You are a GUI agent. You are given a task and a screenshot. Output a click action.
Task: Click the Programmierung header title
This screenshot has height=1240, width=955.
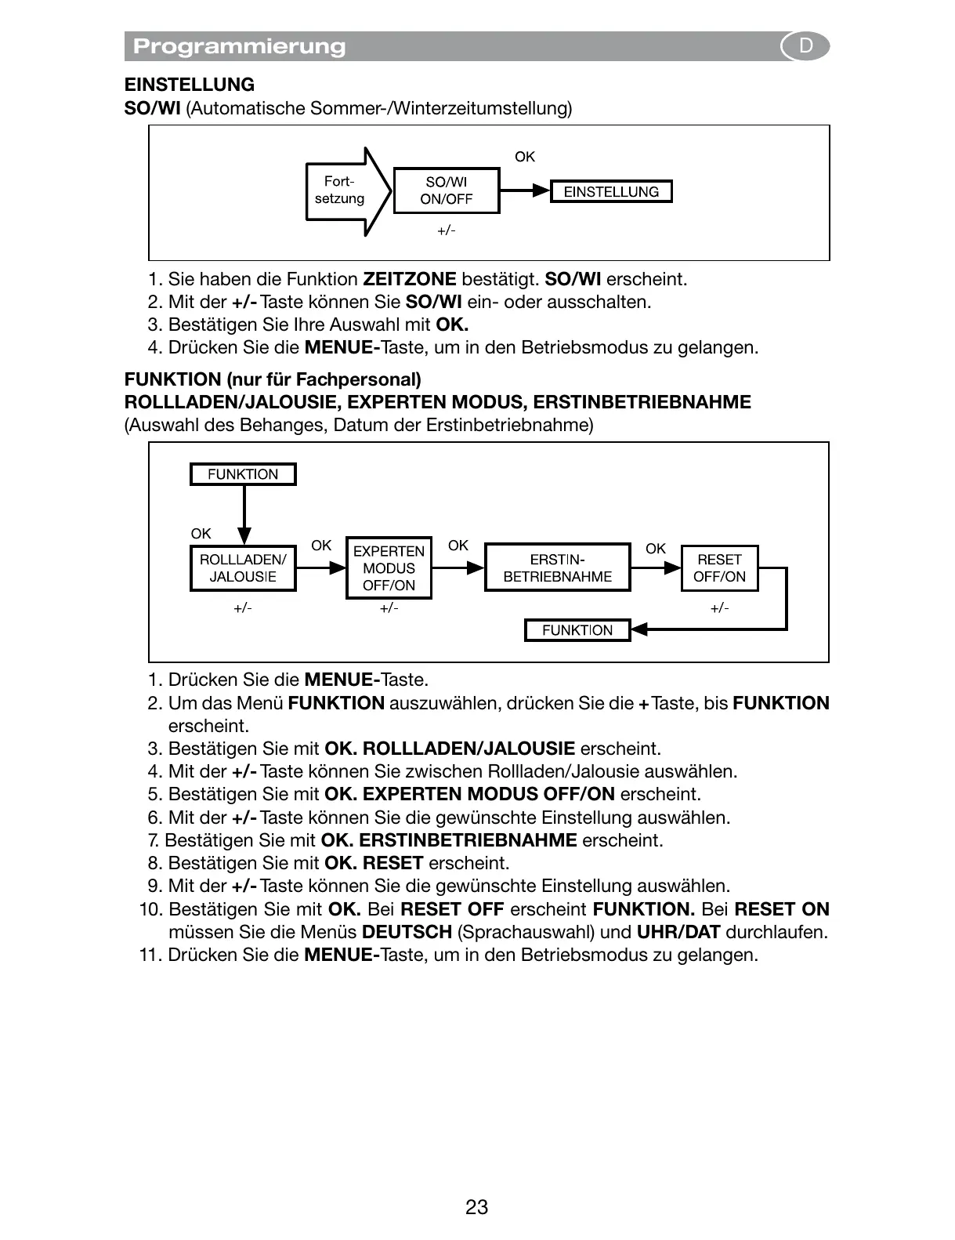click(x=239, y=46)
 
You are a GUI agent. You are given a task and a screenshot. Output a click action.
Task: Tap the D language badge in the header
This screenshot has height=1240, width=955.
click(x=805, y=46)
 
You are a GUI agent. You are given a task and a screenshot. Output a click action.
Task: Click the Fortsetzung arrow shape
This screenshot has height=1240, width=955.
click(x=345, y=190)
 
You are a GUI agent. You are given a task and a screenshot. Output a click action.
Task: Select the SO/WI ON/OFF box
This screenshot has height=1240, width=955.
click(x=446, y=190)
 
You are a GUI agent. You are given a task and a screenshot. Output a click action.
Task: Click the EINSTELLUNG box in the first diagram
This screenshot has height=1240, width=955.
click(x=611, y=191)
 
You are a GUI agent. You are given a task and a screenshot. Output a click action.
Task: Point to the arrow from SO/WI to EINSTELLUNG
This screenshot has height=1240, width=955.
click(x=524, y=190)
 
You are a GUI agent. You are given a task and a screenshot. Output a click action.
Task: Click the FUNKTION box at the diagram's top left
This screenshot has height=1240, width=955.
click(x=243, y=474)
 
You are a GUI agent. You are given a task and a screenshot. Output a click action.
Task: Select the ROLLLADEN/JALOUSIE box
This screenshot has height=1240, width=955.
click(x=243, y=568)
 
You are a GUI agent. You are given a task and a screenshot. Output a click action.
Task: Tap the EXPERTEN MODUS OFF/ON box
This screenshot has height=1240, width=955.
click(x=389, y=568)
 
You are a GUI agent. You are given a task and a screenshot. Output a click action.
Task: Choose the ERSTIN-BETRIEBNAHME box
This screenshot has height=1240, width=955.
click(x=557, y=568)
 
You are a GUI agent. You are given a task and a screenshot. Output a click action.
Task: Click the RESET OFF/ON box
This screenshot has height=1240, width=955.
click(x=719, y=568)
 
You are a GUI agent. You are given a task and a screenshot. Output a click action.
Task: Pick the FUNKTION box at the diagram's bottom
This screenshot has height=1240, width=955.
click(x=577, y=630)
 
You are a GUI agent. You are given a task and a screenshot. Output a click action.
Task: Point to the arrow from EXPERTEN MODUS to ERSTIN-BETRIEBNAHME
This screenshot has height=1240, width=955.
click(x=458, y=568)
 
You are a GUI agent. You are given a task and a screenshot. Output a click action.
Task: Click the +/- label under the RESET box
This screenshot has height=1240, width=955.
click(x=719, y=608)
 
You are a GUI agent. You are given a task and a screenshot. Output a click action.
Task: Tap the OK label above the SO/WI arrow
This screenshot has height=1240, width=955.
click(x=524, y=157)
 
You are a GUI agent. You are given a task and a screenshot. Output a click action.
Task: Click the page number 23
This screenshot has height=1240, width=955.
click(x=476, y=1207)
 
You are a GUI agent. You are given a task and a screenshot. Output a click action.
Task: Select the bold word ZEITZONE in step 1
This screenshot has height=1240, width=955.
click(x=409, y=279)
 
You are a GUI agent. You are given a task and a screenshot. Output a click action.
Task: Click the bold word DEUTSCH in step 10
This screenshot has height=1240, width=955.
click(x=407, y=932)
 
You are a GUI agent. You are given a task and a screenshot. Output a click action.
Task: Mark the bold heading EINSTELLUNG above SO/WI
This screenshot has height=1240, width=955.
click(x=190, y=85)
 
